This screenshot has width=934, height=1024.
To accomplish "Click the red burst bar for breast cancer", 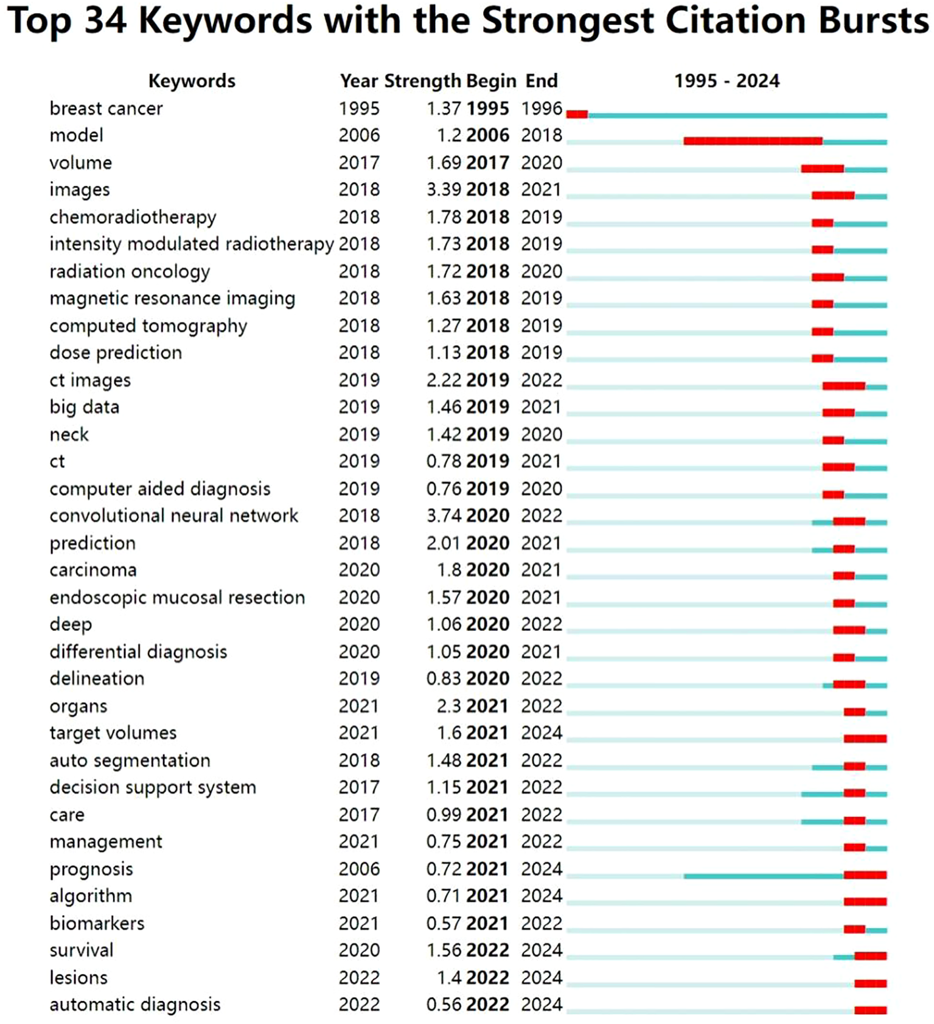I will (577, 114).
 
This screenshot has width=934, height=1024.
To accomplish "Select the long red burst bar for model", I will (753, 141).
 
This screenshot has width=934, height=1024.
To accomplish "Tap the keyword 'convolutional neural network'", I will (173, 516).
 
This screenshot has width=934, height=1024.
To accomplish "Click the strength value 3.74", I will (444, 516).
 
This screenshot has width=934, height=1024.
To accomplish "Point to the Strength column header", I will (422, 81).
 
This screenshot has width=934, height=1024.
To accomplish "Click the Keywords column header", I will (192, 81).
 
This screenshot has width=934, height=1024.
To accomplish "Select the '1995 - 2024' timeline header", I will (727, 81).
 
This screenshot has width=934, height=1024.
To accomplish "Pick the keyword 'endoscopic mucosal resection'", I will (177, 597).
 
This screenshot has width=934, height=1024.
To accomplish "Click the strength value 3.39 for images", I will (444, 190).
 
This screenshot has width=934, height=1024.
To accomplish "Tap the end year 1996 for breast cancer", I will (542, 108).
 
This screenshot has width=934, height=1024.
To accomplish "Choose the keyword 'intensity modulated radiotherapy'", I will (191, 244).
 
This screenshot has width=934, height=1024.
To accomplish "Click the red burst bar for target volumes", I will (865, 739).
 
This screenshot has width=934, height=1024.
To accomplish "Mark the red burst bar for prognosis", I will (865, 875).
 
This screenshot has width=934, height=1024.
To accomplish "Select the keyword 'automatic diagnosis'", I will (135, 1005).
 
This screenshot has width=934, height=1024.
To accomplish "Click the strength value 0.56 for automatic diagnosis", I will (444, 1005).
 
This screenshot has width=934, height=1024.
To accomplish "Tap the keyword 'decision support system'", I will (153, 787).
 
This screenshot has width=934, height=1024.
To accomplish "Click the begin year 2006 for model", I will (487, 135).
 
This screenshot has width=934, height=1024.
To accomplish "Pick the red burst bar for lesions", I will (870, 983).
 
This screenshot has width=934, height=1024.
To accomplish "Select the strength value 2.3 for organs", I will (448, 706).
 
